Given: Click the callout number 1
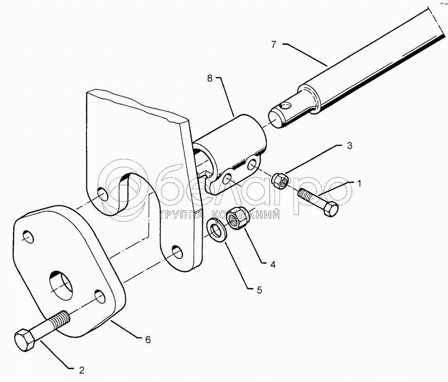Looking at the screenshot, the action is tap(360, 183).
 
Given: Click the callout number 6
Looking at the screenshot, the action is tap(147, 340).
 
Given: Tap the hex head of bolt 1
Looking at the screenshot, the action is tap(330, 208).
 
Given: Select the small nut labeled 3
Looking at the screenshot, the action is tap(279, 179).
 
